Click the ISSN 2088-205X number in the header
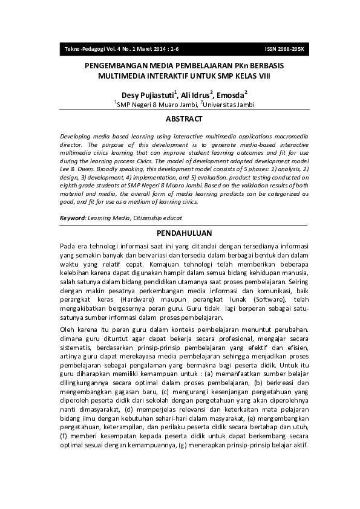tap(284, 48)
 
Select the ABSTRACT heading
tap(184, 119)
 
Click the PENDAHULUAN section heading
tap(184, 233)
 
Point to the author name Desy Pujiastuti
tap(146, 95)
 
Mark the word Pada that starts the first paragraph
tap(68, 247)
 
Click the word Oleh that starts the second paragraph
tap(68, 329)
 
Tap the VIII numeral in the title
tap(263, 76)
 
